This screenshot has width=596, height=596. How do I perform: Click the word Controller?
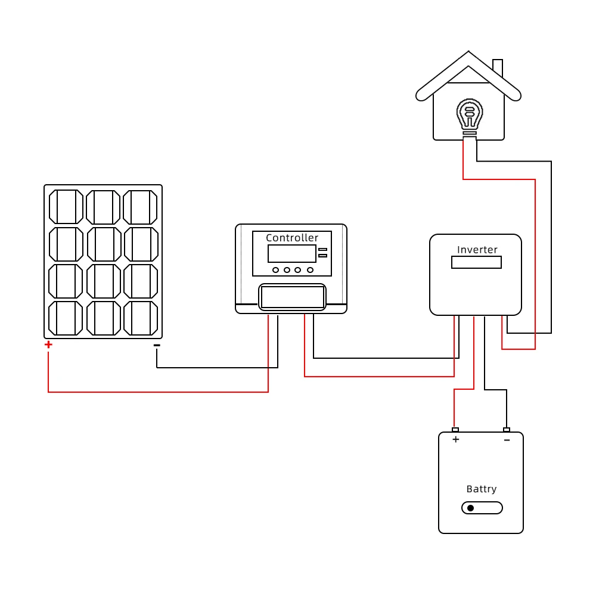coord(292,238)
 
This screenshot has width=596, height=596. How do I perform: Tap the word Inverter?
coord(477,250)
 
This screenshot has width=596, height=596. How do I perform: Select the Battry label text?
coord(481,489)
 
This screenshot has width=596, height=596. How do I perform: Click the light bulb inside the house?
coord(470,115)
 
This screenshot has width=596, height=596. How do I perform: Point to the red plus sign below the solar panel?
coord(48,344)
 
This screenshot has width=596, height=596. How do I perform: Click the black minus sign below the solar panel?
coord(157,345)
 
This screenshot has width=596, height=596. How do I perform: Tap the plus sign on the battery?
coord(456,439)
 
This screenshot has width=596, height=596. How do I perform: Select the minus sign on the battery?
coord(507,440)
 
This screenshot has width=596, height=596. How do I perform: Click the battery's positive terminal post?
coord(455,430)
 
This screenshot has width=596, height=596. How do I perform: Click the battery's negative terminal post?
coord(507,430)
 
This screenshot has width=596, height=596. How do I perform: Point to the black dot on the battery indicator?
coord(470,508)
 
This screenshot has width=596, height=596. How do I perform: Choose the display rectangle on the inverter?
coord(476,262)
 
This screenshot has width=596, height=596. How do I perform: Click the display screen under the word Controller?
coord(292,253)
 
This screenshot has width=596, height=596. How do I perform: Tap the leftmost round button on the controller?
coord(275,270)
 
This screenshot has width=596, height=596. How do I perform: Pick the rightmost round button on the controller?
coord(310,270)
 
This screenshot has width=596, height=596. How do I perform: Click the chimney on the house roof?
coord(498,67)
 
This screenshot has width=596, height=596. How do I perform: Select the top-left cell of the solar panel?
coord(66,207)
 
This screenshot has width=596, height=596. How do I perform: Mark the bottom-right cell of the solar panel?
coord(140,318)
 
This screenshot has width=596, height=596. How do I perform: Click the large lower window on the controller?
coord(292,296)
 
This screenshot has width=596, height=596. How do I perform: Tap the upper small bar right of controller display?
coord(322,249)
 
